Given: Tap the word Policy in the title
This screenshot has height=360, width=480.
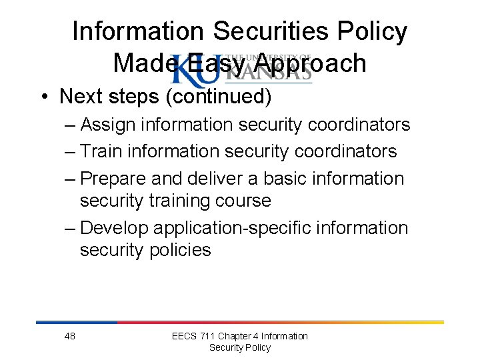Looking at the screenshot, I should click(374, 31).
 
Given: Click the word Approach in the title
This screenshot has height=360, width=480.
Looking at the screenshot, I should click(311, 63).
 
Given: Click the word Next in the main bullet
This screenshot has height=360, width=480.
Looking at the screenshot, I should click(81, 96).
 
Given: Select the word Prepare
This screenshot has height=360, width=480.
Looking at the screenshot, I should click(113, 179).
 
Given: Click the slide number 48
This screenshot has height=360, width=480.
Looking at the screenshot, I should click(69, 336).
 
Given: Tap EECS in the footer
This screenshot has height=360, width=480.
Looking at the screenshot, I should click(184, 336).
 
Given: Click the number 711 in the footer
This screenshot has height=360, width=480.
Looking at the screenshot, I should click(209, 336).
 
